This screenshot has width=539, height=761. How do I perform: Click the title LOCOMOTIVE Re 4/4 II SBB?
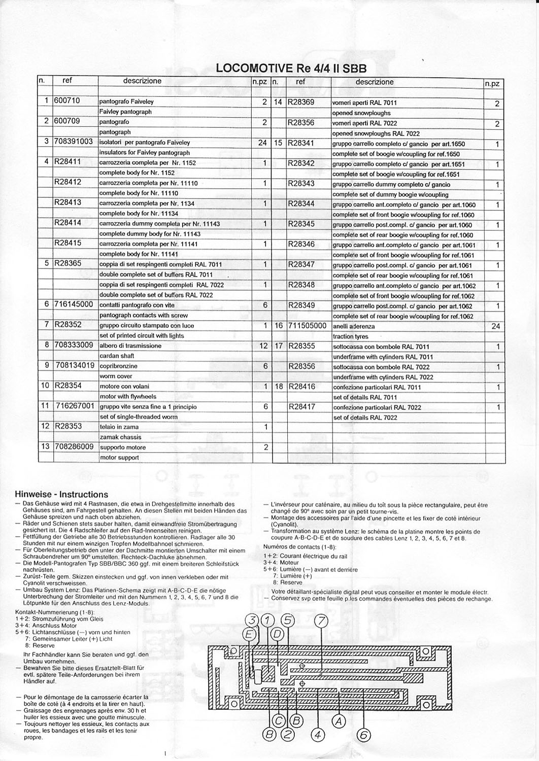point(291,68)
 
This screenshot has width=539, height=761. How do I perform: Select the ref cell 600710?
point(67,100)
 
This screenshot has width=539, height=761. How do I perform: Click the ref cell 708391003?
point(74,142)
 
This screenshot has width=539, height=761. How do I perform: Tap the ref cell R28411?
point(68,162)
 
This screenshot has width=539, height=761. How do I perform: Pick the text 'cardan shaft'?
point(117,356)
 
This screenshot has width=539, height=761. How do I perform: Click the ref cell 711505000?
point(307,325)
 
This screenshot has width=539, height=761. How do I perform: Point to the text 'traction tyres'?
point(350,336)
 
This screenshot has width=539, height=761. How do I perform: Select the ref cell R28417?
point(302,406)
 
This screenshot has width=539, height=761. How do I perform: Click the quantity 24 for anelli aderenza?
point(496,326)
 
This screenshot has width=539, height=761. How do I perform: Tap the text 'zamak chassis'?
point(120,437)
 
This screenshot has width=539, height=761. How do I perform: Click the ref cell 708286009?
point(74,447)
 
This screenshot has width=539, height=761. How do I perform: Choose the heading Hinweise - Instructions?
point(61,494)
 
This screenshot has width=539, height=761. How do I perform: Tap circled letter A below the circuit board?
point(339,720)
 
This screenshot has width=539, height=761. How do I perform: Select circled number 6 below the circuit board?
point(364,734)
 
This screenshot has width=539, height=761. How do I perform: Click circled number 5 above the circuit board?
point(288,620)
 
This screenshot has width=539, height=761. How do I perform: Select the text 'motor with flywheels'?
point(127,396)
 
